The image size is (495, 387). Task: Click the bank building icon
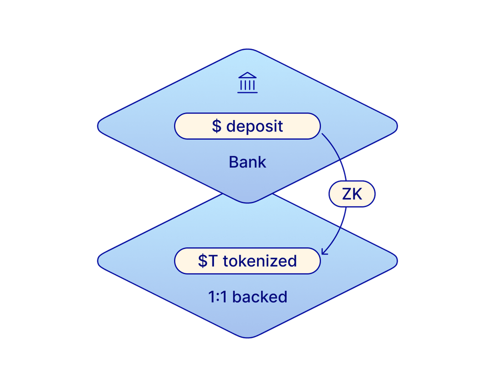(247, 83)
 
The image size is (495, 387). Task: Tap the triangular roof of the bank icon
(247, 76)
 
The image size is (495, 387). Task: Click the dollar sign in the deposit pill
(216, 126)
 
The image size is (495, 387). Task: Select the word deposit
(255, 126)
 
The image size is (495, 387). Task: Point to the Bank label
(247, 162)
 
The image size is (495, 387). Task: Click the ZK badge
(352, 195)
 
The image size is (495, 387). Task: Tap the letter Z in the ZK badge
(347, 195)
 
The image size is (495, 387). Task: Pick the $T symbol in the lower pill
(208, 261)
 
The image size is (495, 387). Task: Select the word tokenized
(260, 261)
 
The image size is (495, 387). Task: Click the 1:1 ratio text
(217, 297)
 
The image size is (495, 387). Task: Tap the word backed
(260, 297)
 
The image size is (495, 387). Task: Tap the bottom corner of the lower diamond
(247, 338)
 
